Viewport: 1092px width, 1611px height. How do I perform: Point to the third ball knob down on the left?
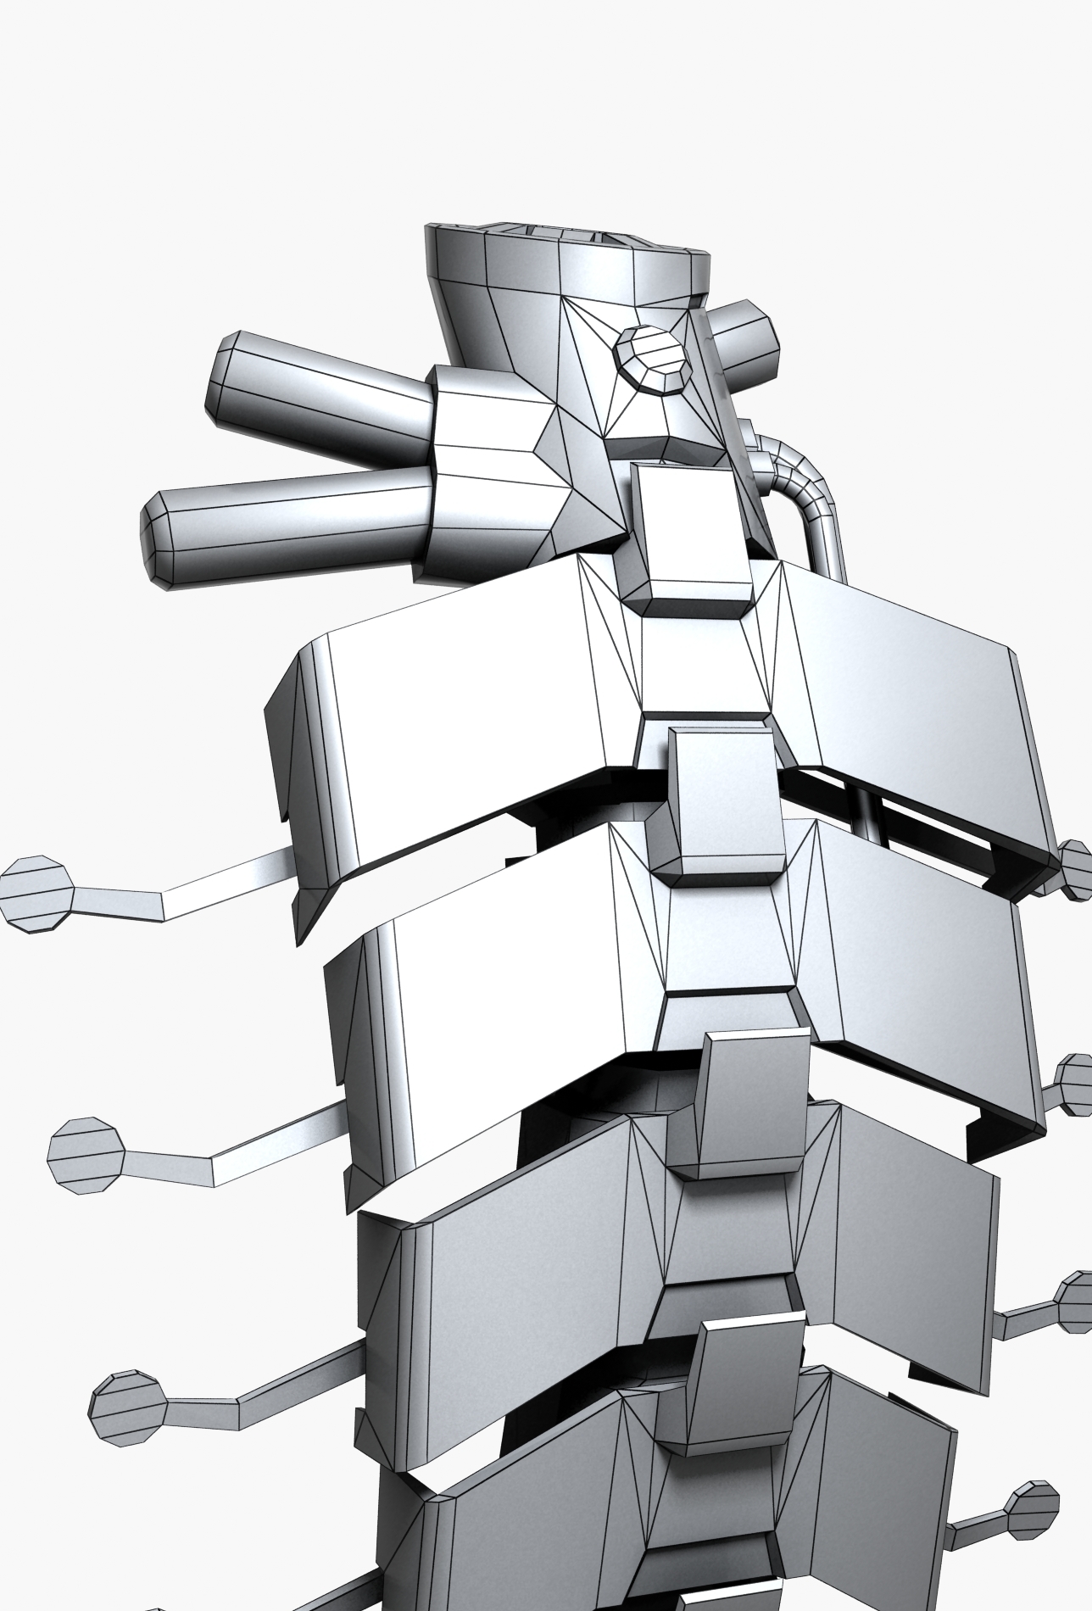(127, 1408)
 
